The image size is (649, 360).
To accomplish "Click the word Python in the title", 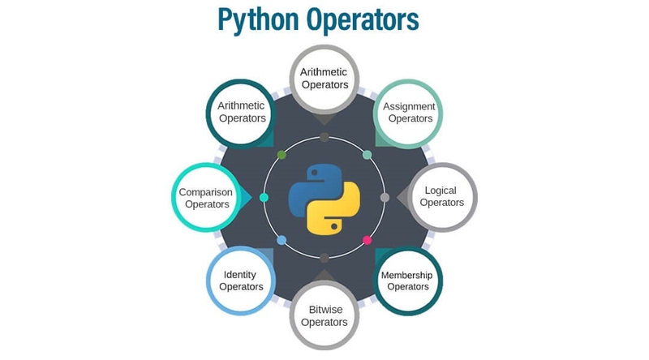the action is click(x=258, y=19).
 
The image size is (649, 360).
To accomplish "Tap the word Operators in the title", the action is click(x=363, y=19).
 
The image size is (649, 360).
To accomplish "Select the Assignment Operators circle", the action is click(x=408, y=114).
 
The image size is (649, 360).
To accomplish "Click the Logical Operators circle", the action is click(x=442, y=197).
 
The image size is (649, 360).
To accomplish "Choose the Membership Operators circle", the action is click(x=408, y=281).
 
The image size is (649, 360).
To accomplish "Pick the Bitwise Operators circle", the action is click(x=324, y=315).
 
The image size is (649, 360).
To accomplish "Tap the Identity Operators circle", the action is click(x=241, y=281).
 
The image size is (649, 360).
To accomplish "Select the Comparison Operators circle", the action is click(x=206, y=197).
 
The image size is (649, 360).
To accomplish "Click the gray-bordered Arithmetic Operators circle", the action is click(x=324, y=79).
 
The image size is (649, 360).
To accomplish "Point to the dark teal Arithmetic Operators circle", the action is click(x=241, y=114).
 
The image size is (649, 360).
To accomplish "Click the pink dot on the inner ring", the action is click(x=367, y=240).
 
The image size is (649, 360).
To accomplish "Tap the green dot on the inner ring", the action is click(x=282, y=155).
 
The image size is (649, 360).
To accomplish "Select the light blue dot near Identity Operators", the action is click(x=282, y=240).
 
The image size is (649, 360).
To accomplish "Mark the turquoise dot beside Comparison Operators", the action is click(x=264, y=197).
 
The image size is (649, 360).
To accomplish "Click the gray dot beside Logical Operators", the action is click(x=385, y=197).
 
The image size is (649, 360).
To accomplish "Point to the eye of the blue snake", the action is click(x=314, y=172).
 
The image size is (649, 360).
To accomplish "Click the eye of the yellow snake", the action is click(x=334, y=226).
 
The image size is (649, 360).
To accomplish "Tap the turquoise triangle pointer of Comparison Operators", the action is click(x=247, y=197).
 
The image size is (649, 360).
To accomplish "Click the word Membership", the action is click(x=407, y=275).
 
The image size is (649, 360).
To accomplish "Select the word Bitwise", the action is click(x=326, y=310).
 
